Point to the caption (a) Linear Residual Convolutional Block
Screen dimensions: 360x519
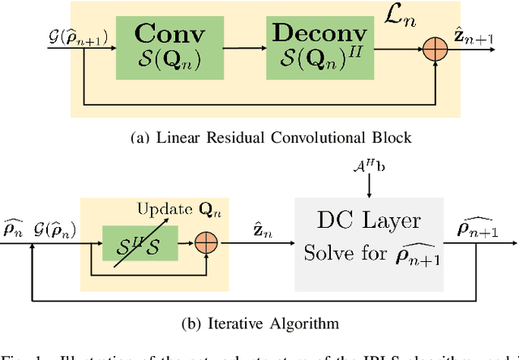[259, 137]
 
